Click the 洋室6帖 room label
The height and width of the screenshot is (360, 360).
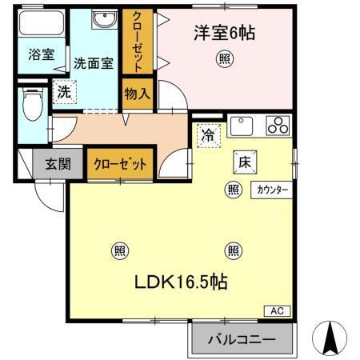(x=223, y=34)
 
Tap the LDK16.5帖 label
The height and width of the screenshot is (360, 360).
(x=182, y=282)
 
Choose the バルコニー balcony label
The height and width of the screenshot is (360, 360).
(x=242, y=339)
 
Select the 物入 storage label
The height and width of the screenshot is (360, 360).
(x=138, y=94)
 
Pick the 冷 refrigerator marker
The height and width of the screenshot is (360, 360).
(x=207, y=135)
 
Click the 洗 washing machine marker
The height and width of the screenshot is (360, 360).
(x=64, y=92)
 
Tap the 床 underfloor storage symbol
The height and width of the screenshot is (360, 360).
(x=244, y=160)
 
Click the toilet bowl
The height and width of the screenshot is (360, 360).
(x=32, y=104)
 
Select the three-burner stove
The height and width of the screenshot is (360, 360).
(x=278, y=125)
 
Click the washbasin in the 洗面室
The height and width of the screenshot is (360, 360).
(x=102, y=20)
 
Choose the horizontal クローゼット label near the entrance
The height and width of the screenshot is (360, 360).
(x=120, y=165)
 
